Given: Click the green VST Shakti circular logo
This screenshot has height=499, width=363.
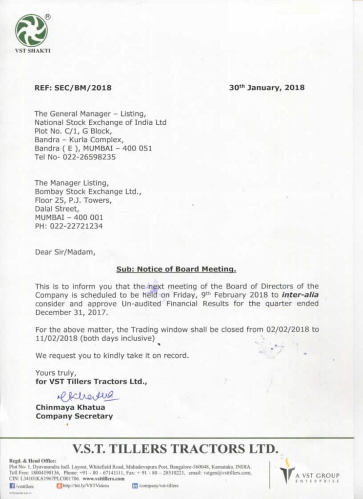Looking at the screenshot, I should [x=31, y=31].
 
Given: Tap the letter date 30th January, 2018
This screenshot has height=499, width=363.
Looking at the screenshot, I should [x=266, y=88].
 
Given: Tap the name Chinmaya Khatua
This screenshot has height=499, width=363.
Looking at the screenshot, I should [x=70, y=407].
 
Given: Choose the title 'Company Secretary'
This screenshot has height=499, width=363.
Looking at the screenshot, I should [x=74, y=416].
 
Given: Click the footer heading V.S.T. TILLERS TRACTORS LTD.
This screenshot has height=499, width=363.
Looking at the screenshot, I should [x=175, y=448].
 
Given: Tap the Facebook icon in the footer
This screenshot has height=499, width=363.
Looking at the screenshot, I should [x=12, y=486].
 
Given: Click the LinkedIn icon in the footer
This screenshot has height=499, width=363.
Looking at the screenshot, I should [x=135, y=486].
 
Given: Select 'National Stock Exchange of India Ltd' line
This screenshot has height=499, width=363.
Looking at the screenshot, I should [x=100, y=122].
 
